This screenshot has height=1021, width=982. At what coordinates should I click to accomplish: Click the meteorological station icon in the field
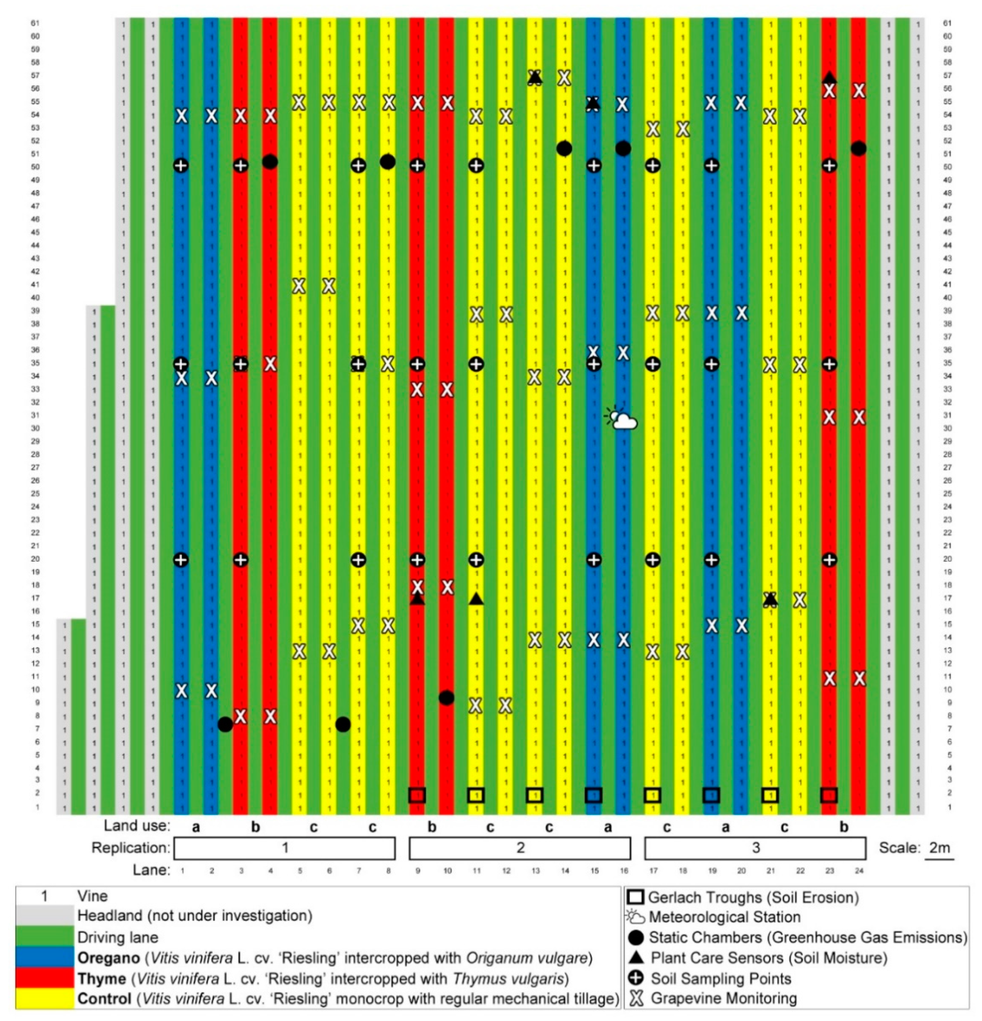pyautogui.click(x=622, y=418)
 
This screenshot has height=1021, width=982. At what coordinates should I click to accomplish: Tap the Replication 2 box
pyautogui.click(x=519, y=848)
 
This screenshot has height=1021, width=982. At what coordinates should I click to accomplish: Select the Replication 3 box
pyautogui.click(x=755, y=848)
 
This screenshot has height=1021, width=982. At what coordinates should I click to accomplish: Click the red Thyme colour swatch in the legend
pyautogui.click(x=45, y=978)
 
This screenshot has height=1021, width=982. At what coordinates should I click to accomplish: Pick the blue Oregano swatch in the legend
pyautogui.click(x=45, y=957)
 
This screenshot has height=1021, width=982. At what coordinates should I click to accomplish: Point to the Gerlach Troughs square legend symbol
pyautogui.click(x=636, y=898)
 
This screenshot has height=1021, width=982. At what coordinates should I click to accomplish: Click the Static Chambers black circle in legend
pyautogui.click(x=636, y=938)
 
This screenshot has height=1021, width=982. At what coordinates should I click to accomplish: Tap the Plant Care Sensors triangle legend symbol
pyautogui.click(x=636, y=957)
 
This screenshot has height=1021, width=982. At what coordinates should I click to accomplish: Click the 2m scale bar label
pyautogui.click(x=939, y=848)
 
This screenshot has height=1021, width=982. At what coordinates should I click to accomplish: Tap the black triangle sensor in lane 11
pyautogui.click(x=476, y=599)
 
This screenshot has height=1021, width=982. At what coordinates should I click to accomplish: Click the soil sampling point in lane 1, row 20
pyautogui.click(x=181, y=560)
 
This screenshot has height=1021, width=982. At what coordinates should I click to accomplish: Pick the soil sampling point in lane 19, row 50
pyautogui.click(x=711, y=166)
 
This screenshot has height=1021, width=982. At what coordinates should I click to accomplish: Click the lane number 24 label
pyautogui.click(x=859, y=870)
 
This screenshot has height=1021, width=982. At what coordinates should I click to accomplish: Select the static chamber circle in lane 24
pyautogui.click(x=859, y=149)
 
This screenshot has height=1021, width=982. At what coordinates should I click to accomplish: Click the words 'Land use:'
pyautogui.click(x=136, y=826)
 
